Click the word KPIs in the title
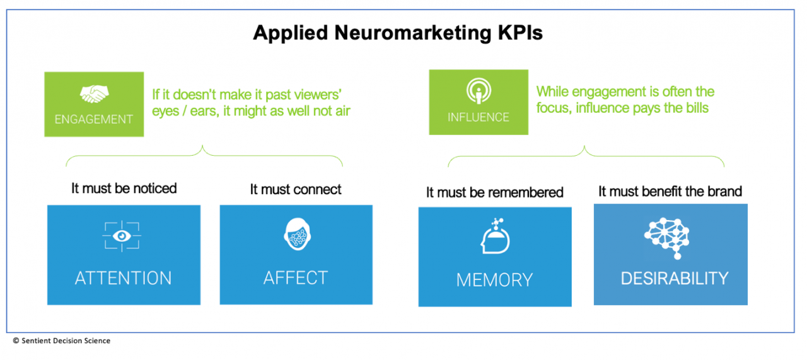point(520,33)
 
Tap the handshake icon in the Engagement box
point(94,94)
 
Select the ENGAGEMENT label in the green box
point(94,119)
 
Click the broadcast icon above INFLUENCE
point(479,91)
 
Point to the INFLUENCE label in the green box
point(479,117)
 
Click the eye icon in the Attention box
point(122,236)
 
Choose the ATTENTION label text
point(123,278)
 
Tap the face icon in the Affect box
point(297,234)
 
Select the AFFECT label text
point(296,278)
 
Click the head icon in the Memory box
point(495,236)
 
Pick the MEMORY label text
point(494,280)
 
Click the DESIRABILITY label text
point(675,279)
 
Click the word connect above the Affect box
point(318,190)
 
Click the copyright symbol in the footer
point(16,340)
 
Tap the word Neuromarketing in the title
point(413,33)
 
